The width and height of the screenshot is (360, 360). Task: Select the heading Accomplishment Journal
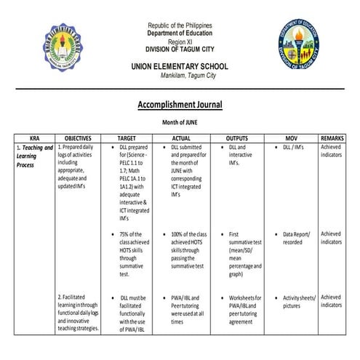point(180,105)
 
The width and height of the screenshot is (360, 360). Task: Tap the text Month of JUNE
point(180,123)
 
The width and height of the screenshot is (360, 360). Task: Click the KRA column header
point(34,137)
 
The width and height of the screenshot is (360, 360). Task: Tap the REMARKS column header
point(334,137)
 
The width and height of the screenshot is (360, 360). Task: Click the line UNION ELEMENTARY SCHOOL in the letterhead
point(180,66)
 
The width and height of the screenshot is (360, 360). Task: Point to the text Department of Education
point(180,33)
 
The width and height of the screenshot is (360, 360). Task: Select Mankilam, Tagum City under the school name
point(180,76)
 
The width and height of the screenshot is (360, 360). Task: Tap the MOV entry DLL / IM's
point(297,148)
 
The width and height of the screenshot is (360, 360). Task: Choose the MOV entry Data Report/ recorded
point(297,238)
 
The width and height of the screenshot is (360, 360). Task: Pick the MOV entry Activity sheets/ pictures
point(298,300)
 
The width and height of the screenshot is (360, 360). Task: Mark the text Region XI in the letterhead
point(180,42)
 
